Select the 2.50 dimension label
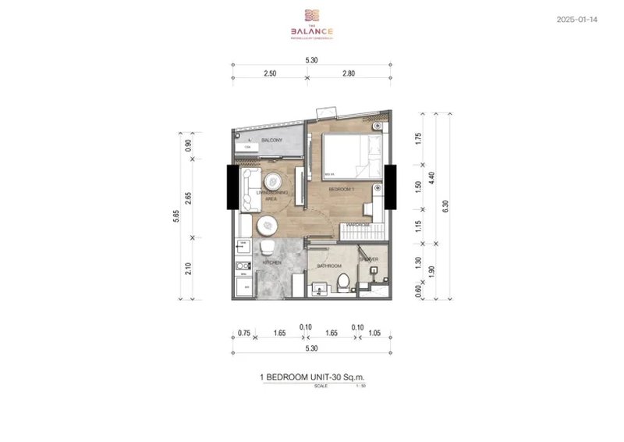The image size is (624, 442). click(x=270, y=72)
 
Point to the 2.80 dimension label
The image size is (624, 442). click(x=348, y=72)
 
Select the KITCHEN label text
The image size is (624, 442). click(x=272, y=262)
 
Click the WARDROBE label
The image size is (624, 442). click(x=358, y=223)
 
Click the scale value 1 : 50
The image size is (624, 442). click(x=359, y=386)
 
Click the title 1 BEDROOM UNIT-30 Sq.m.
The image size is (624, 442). click(x=311, y=376)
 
